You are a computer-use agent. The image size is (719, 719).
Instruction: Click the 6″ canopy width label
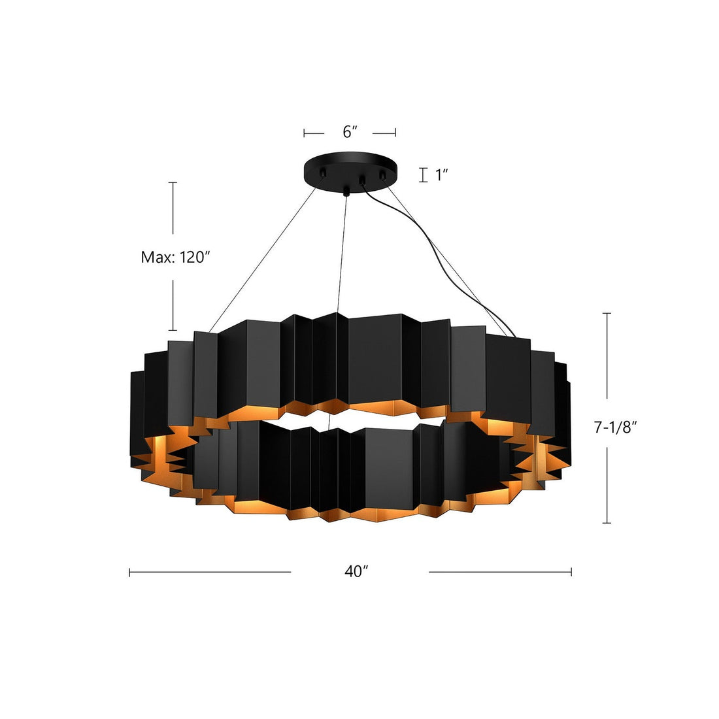coord(350,132)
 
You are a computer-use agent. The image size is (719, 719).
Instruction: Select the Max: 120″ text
coord(175,257)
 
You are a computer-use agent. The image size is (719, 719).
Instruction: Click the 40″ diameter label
coord(358,571)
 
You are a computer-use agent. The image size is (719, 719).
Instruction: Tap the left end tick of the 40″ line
coord(130,571)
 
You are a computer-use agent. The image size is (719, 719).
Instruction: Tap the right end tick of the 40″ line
coord(571,571)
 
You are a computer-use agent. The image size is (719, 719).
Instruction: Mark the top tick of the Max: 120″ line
coord(173,182)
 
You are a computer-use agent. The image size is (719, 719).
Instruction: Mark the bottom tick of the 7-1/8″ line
coord(608,523)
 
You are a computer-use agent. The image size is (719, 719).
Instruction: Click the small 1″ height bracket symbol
coord(424,175)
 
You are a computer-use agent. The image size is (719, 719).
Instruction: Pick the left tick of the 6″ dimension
coord(305,133)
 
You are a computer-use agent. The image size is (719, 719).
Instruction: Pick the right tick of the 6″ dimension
coord(395,133)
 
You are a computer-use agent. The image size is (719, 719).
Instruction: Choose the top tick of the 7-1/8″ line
coord(608,314)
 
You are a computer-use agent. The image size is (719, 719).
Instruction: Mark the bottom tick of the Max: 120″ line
coord(173,330)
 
